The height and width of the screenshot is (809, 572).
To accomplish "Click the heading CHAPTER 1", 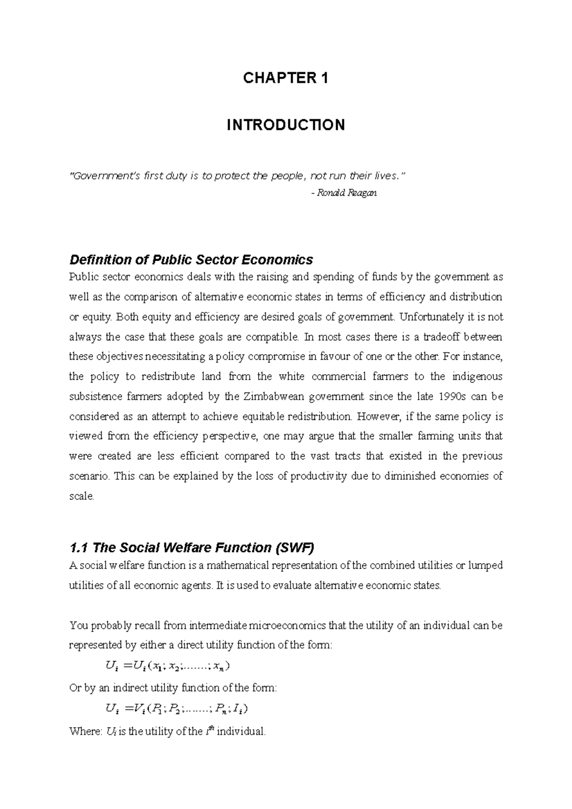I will tap(286, 78).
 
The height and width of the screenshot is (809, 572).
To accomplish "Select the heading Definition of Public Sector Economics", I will tap(191, 260).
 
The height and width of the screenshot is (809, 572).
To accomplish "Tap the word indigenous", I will tap(476, 376).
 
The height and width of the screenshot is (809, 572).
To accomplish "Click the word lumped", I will tap(486, 566).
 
